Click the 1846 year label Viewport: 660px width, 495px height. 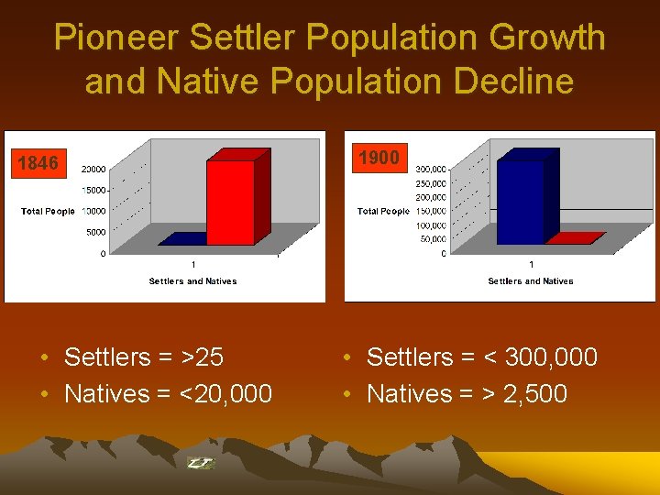[38, 163]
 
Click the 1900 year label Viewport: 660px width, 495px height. [379, 158]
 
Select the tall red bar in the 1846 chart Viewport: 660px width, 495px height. [233, 201]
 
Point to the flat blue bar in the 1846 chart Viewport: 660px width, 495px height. [184, 240]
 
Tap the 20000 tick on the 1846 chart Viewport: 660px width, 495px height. [93, 169]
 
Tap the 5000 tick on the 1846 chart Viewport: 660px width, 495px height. [95, 232]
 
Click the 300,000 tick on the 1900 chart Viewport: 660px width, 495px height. [431, 169]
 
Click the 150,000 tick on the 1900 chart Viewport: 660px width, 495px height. [431, 211]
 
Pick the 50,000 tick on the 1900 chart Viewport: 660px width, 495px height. [433, 239]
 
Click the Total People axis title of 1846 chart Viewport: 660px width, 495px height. [48, 212]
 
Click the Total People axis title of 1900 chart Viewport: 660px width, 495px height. [383, 212]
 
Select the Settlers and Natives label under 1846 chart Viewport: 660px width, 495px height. [192, 281]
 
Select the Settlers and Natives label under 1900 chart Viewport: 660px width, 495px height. [530, 281]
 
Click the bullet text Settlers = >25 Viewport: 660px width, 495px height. [144, 357]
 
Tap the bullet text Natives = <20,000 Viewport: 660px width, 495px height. [168, 394]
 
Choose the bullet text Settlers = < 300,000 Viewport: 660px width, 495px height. [481, 357]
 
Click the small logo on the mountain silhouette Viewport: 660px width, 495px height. [200, 464]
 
